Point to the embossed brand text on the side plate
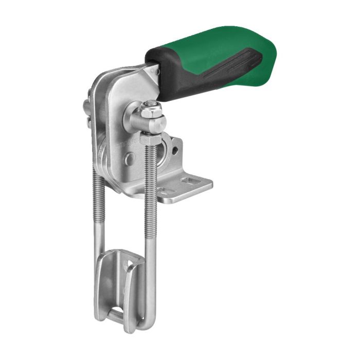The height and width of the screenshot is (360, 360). (x=122, y=146)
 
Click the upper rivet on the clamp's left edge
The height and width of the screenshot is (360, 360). (x=86, y=107)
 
